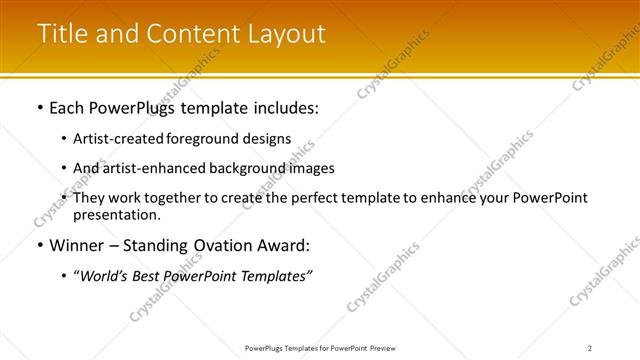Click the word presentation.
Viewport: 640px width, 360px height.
[x=116, y=214]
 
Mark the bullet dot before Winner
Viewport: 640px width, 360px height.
[x=39, y=244]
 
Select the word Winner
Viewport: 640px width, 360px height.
[x=78, y=244]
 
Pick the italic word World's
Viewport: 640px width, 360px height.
[x=104, y=275]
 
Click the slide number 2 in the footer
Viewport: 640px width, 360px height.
[x=590, y=348]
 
